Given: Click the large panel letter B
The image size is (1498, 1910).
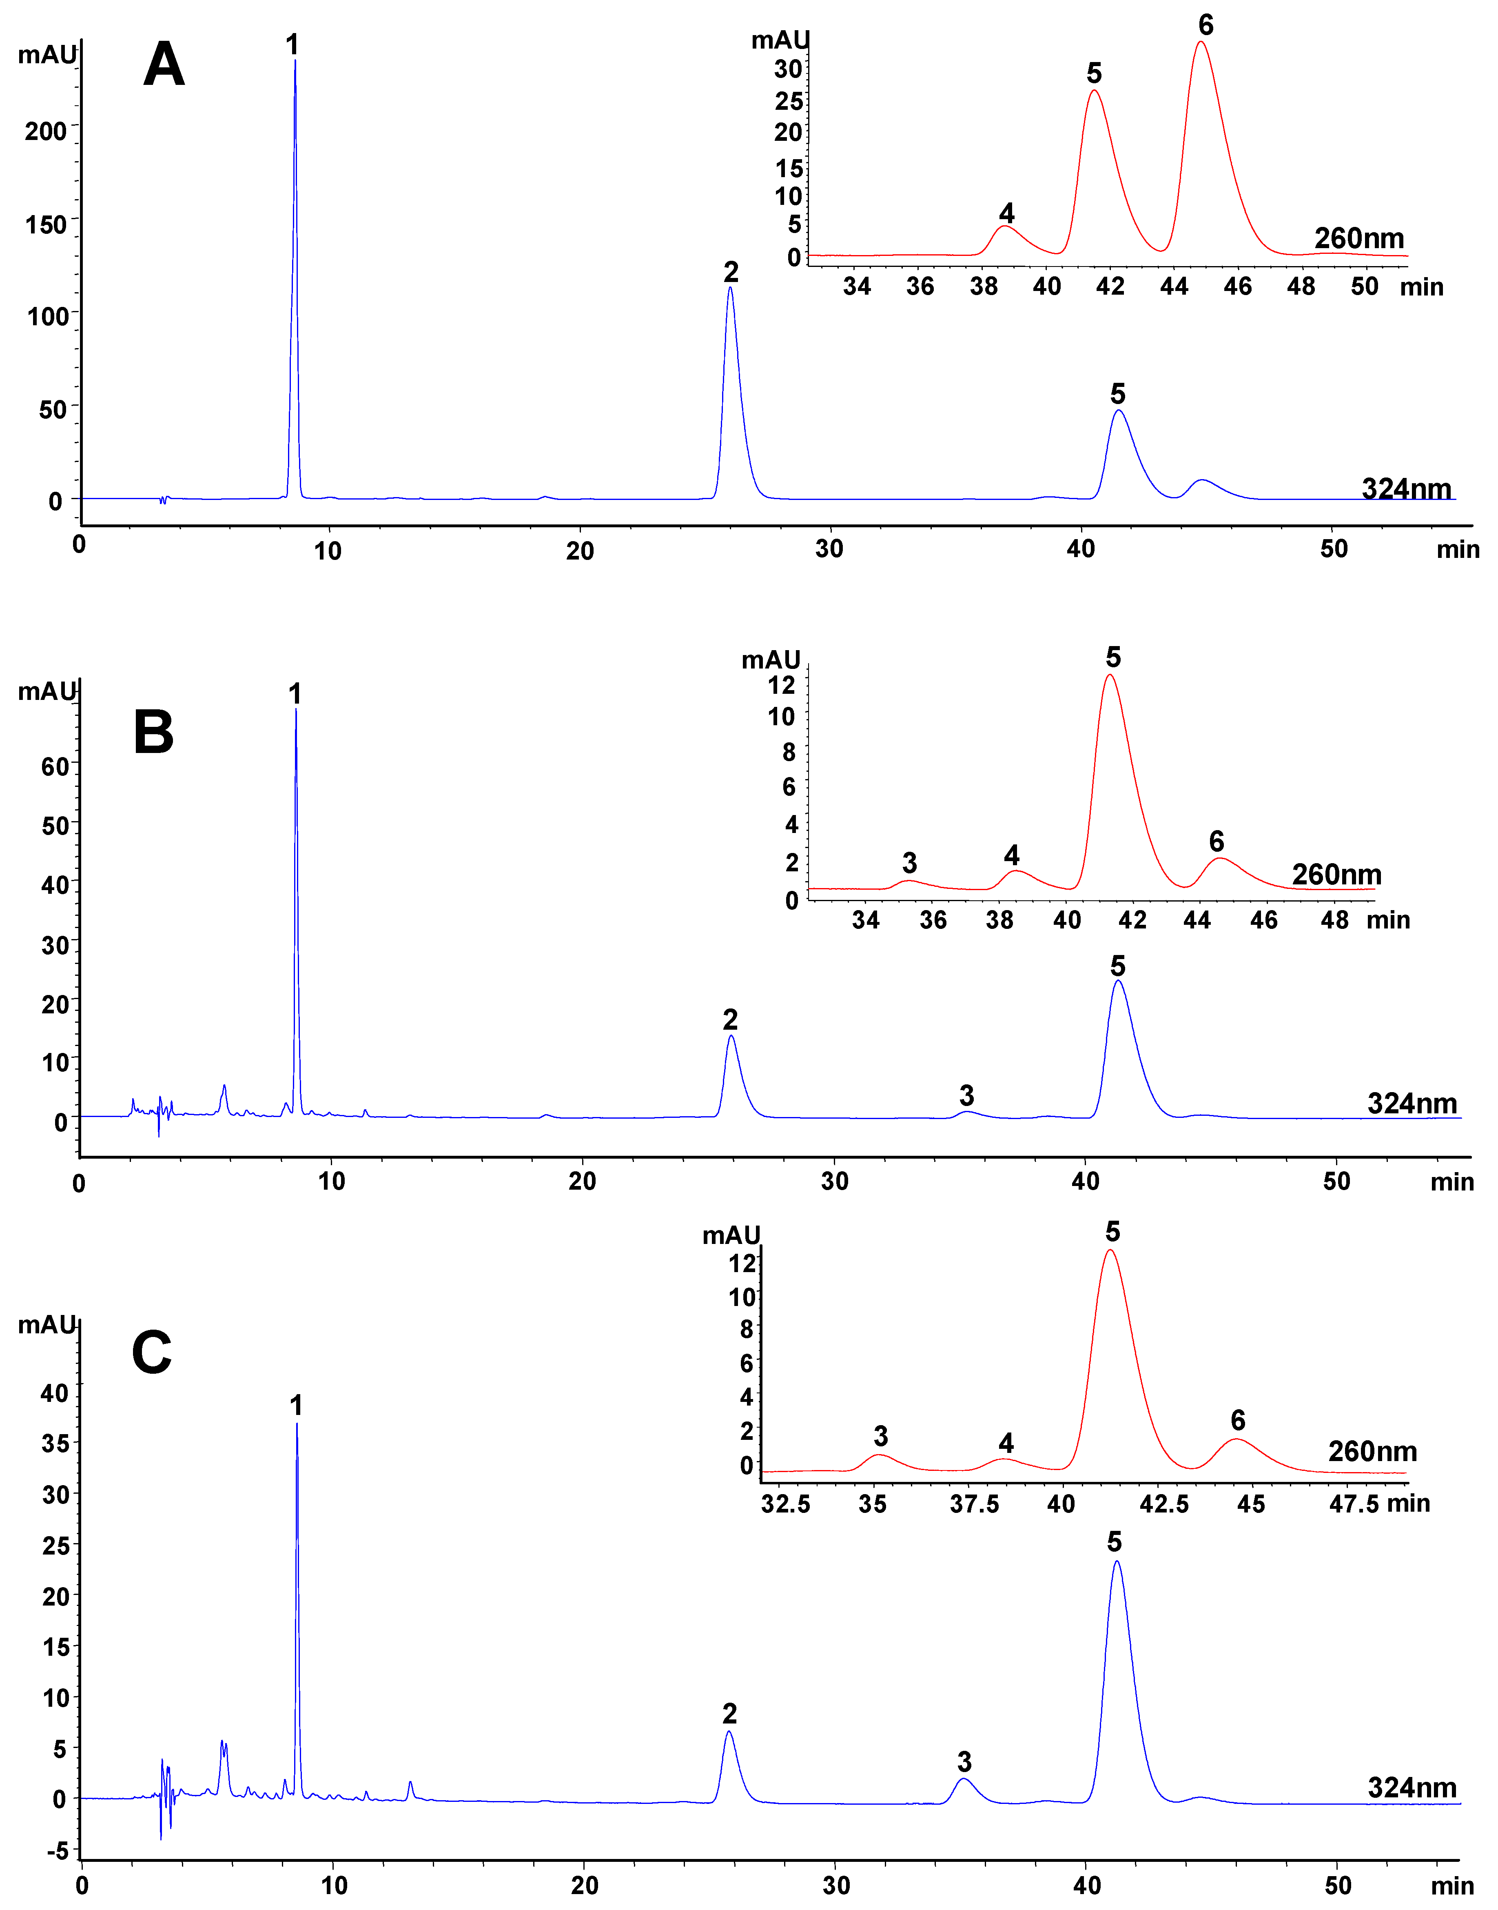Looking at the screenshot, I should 153,733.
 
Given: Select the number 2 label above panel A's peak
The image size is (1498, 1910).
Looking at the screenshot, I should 731,272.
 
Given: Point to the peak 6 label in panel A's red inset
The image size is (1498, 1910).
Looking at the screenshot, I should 1206,25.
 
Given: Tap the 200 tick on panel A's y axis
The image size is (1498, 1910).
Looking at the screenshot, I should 46,131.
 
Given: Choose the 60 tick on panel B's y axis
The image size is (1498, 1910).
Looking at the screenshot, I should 54,767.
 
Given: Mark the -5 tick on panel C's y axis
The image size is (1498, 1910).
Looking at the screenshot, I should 56,1851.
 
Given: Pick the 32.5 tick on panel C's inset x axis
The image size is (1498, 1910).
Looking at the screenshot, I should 786,1504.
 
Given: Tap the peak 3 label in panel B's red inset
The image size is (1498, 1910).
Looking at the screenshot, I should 909,862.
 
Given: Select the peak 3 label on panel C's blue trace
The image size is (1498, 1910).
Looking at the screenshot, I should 964,1762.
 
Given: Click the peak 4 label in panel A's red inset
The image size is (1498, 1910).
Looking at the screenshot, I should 1007,213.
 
